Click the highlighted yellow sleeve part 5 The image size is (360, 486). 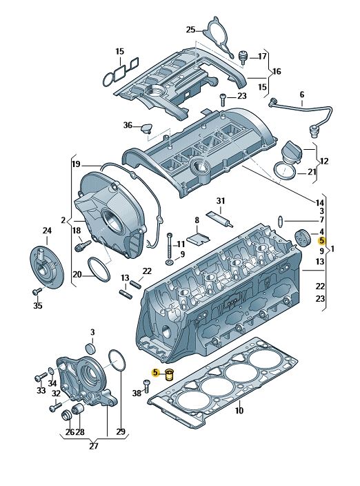click(x=170, y=375)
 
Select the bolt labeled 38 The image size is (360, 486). click(x=147, y=387)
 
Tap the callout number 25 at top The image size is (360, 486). click(x=190, y=30)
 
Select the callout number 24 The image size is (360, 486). click(x=47, y=231)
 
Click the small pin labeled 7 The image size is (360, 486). click(x=280, y=222)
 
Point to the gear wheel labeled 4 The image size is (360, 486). click(x=302, y=238)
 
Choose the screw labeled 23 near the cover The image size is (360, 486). click(x=223, y=100)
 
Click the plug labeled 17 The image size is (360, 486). click(x=243, y=58)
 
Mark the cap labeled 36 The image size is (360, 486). click(x=146, y=128)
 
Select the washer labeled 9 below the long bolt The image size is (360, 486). click(x=170, y=262)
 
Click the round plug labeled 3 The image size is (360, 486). click(x=90, y=349)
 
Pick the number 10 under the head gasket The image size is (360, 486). click(x=239, y=411)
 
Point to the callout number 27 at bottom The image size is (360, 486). click(x=93, y=446)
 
